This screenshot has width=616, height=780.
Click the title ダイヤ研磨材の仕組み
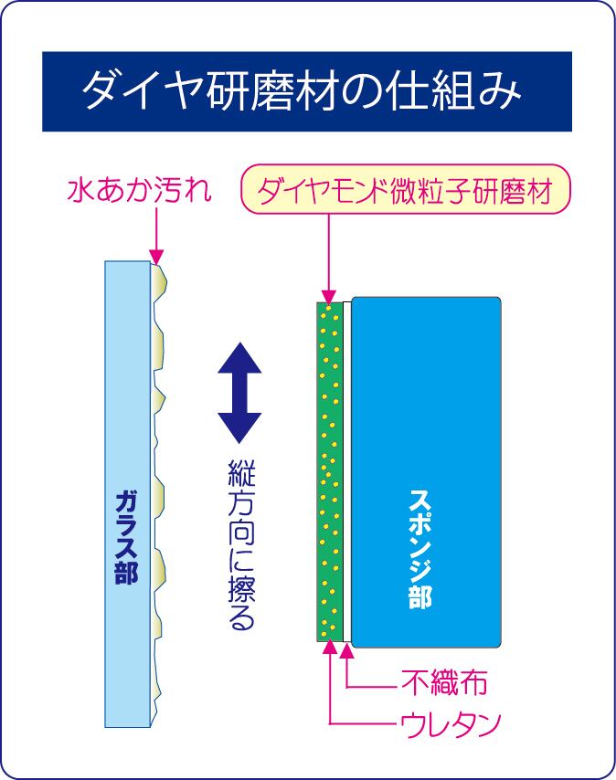pos(302,91)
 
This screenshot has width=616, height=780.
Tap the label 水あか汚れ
pos(139,191)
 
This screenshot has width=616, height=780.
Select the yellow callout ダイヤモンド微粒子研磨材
pos(406,190)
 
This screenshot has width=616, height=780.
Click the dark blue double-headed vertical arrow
pos(239,393)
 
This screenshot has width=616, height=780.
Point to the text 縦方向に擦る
pos(242,544)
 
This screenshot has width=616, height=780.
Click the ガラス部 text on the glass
pos(126,537)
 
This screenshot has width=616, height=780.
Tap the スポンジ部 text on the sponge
pos(420,549)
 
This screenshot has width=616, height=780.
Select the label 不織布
pos(444,681)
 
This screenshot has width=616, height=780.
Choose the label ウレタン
pos(450,723)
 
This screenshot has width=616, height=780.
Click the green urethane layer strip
pos(330,471)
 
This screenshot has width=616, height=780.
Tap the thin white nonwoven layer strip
pos(347,471)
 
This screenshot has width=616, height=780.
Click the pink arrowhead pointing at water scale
pos(156,258)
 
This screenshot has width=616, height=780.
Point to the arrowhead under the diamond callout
pos(329,296)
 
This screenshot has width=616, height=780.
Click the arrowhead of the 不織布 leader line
pos(347,649)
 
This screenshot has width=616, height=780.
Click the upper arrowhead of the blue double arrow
pos(239,358)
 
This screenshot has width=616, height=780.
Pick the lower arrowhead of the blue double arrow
pos(239,427)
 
